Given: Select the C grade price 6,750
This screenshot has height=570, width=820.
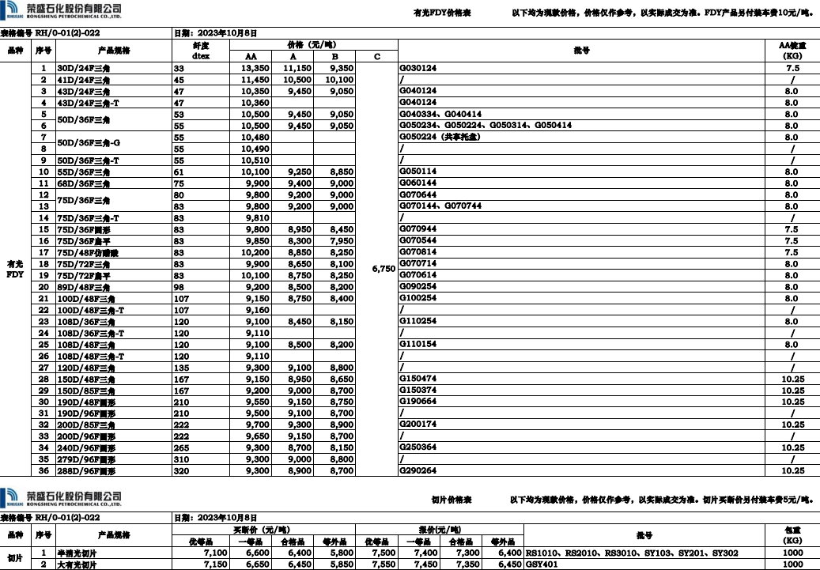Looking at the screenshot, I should (383, 269).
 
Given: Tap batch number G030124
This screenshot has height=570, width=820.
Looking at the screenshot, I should (418, 69).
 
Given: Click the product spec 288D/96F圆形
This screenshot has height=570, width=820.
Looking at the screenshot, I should (86, 470).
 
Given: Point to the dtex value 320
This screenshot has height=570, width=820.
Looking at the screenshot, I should (180, 470).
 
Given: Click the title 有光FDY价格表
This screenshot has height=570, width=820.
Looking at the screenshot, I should (443, 13).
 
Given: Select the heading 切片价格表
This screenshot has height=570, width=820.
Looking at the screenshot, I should (452, 500).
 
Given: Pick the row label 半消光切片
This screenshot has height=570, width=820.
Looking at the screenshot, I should (77, 553).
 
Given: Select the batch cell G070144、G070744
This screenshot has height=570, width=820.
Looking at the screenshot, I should (440, 206).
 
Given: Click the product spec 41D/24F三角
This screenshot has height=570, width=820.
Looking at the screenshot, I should (86, 80).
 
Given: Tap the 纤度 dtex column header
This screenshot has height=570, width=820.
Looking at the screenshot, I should (201, 51).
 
